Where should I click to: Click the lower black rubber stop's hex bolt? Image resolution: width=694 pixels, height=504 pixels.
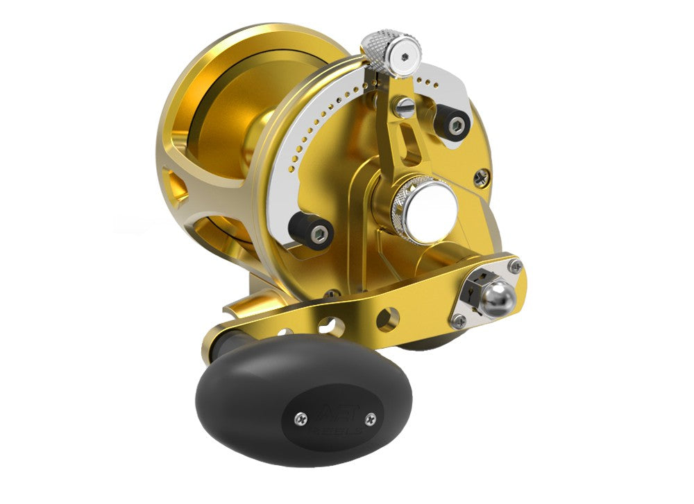(x=319, y=235)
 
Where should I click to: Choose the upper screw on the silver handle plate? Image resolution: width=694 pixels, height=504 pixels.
(x=514, y=266)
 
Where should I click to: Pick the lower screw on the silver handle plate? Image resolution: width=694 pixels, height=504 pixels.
(x=459, y=320)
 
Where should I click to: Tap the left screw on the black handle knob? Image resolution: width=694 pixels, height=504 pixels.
(x=301, y=417)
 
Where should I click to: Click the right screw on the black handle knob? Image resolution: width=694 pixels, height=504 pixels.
(x=370, y=419)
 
